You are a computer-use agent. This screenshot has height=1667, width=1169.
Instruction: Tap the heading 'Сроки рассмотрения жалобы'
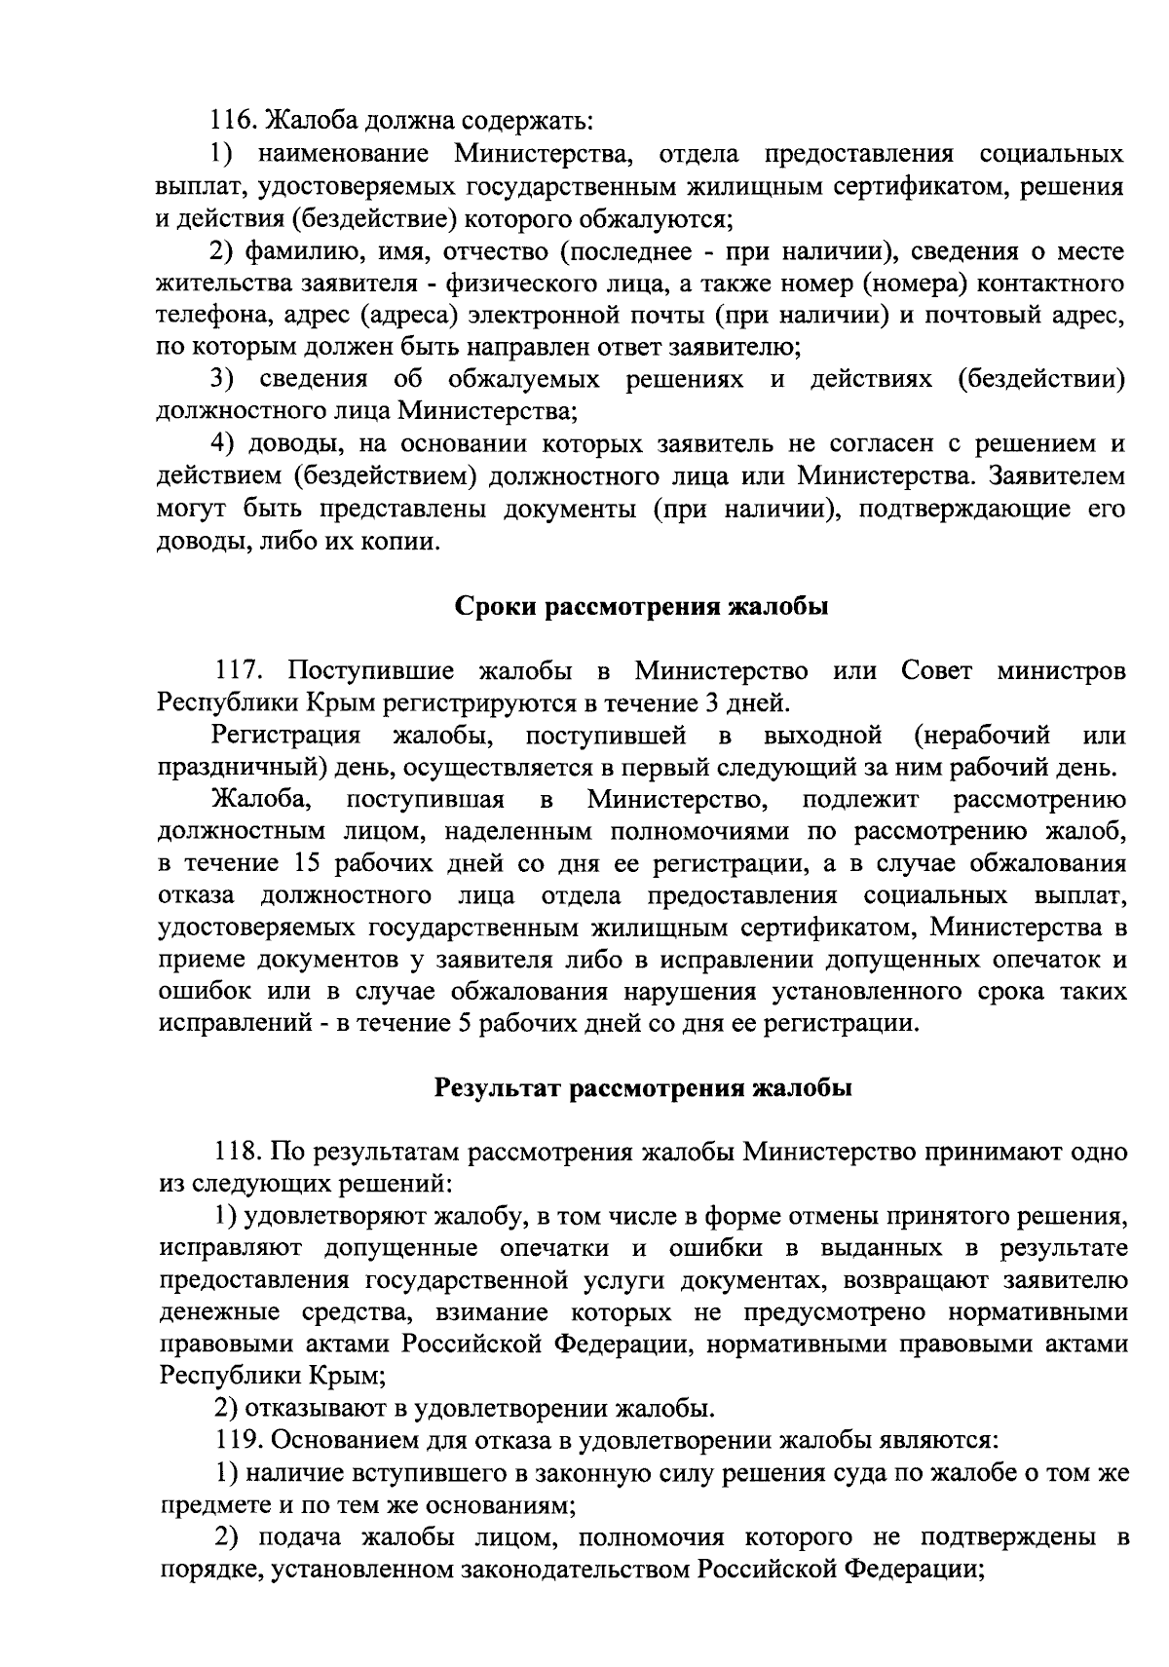[x=642, y=607]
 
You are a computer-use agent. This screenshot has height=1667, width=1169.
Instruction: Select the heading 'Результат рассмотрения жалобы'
[x=642, y=1088]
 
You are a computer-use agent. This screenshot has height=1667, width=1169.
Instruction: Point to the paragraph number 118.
[x=238, y=1153]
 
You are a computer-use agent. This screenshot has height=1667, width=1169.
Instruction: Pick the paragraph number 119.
[x=238, y=1441]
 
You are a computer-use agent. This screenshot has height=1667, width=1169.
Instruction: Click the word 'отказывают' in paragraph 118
[x=314, y=1409]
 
